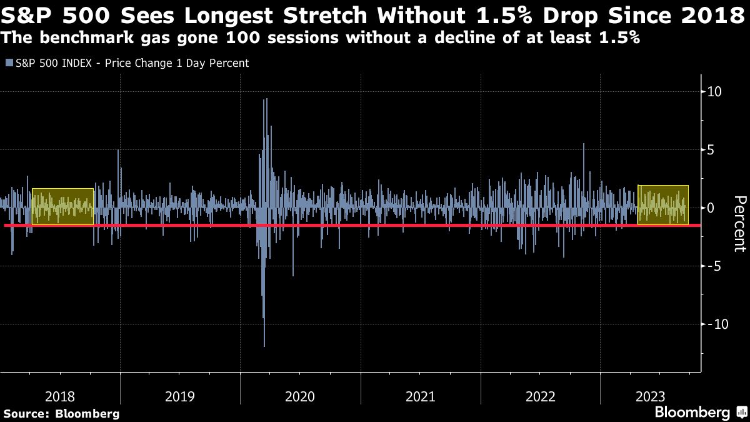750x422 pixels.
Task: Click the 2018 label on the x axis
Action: [60, 396]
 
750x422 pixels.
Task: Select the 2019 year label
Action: [180, 396]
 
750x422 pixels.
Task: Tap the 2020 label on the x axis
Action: [300, 396]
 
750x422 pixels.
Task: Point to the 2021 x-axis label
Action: [420, 396]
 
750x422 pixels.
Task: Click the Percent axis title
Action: [739, 223]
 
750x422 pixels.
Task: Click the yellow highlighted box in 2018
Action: [62, 206]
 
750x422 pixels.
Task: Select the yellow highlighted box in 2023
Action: [662, 205]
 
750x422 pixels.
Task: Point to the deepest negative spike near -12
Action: [264, 344]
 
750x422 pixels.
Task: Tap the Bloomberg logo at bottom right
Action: [699, 413]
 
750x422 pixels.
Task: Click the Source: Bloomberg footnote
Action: [61, 414]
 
